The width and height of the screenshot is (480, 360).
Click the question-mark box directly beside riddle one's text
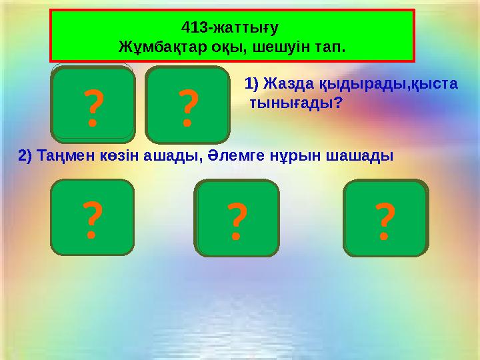[188, 105]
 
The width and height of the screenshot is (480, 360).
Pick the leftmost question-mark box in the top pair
[93, 105]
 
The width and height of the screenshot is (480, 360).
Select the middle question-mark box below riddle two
[237, 218]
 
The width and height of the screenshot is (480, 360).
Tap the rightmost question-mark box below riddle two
[385, 218]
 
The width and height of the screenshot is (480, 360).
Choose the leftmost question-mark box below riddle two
[92, 218]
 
